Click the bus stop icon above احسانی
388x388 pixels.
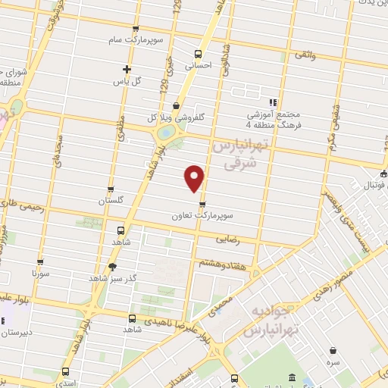pyautogui.click(x=198, y=54)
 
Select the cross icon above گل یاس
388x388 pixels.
pyautogui.click(x=127, y=69)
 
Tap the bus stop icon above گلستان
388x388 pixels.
pyautogui.click(x=111, y=189)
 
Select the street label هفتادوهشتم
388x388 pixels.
pyautogui.click(x=221, y=263)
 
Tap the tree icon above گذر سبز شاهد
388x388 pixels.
pyautogui.click(x=113, y=266)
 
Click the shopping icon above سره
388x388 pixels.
pyautogui.click(x=334, y=349)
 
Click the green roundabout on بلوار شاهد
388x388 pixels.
pyautogui.click(x=164, y=133)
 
